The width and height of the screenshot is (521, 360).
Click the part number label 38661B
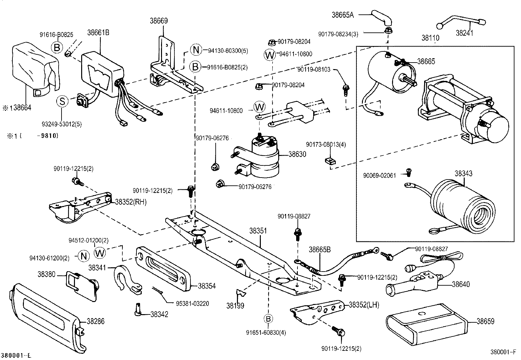coord(98,32)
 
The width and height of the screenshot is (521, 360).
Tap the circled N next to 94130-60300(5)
coord(196,50)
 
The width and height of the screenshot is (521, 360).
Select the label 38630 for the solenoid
coord(297,154)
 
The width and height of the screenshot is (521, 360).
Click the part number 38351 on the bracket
coord(258,231)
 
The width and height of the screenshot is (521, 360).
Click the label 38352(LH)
coord(364,305)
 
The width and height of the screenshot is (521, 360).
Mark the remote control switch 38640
coord(416,278)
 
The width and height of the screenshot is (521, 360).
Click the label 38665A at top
coord(343,15)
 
